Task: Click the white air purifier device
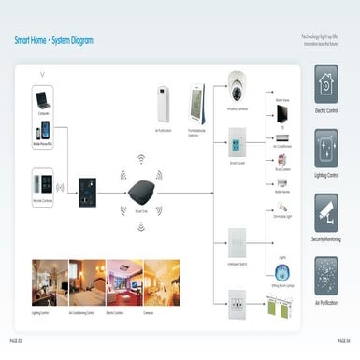164,104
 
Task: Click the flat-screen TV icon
281,114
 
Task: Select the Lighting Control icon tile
326,148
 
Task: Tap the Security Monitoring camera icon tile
326,212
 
